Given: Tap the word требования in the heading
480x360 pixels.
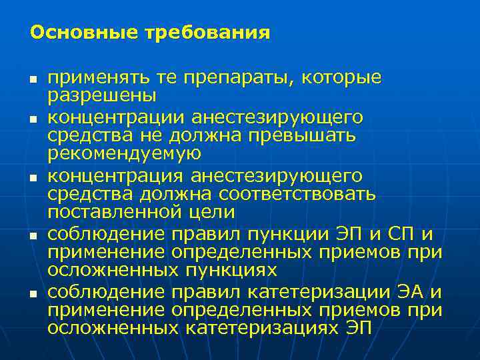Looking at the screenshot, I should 208,32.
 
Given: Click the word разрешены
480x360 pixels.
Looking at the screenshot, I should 102,95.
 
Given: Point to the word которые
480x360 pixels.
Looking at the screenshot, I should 341,78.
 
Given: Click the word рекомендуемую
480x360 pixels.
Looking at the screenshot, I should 125,153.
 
